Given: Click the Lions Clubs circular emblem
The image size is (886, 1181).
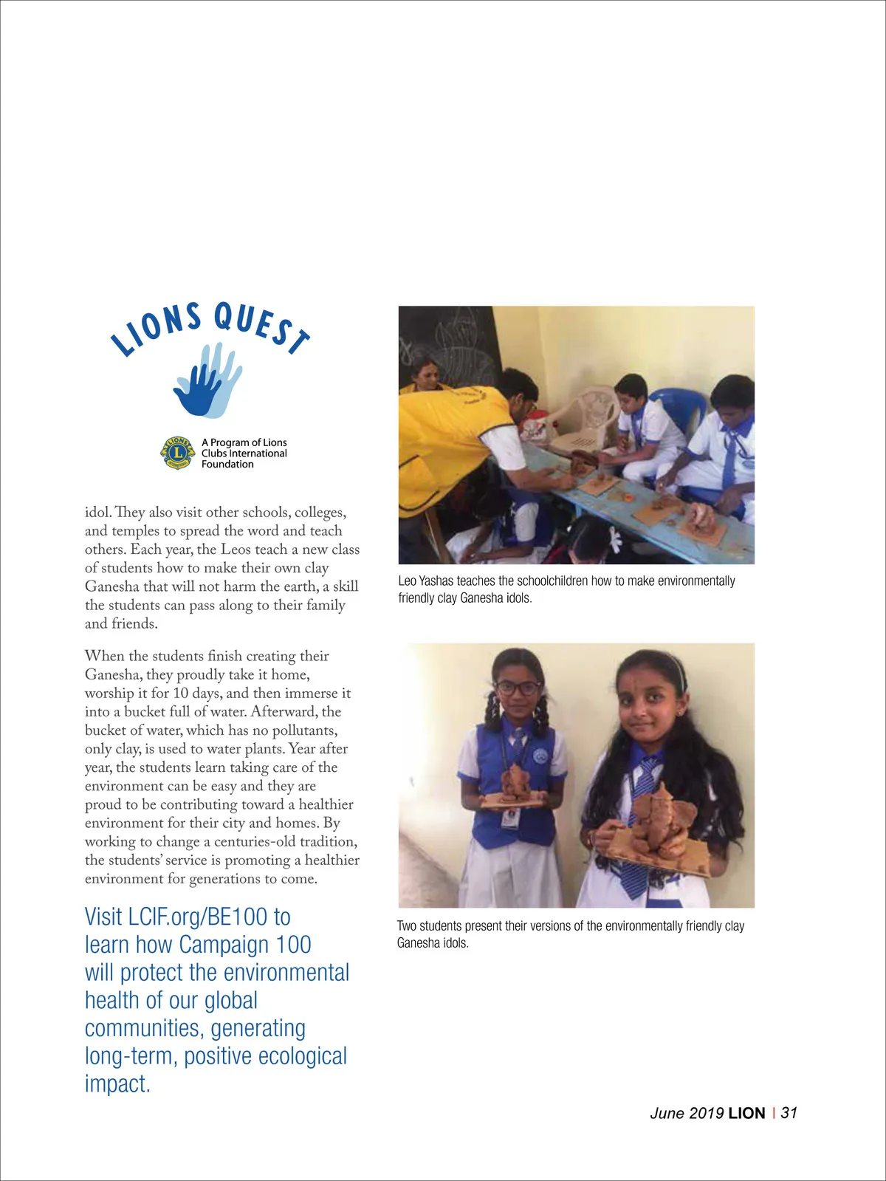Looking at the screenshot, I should (177, 453).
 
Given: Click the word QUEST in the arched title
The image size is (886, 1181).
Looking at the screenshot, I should (261, 327).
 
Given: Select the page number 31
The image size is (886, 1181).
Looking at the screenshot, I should (789, 1113).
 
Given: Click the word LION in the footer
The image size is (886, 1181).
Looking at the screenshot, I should (746, 1113).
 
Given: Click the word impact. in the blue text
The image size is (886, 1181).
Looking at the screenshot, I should (117, 1084).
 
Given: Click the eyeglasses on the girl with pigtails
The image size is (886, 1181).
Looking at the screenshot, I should (518, 688).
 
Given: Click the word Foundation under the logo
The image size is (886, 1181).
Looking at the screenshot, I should (227, 465).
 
